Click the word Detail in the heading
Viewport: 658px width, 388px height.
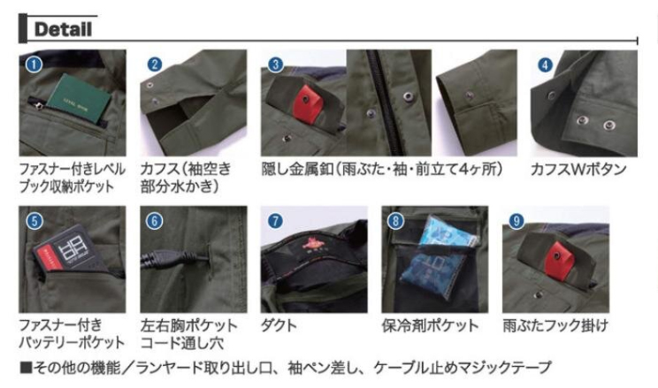[x=63, y=29]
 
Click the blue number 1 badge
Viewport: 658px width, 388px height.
[x=34, y=65]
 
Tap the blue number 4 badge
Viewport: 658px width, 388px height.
[x=545, y=65]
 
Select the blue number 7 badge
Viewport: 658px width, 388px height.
[x=275, y=221]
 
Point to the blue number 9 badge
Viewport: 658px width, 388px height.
[x=516, y=221]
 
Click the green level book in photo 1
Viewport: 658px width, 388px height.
[x=79, y=98]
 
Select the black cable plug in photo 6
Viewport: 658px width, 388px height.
[x=174, y=257]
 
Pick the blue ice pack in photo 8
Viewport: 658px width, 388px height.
[x=436, y=254]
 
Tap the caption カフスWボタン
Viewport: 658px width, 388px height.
[x=578, y=170]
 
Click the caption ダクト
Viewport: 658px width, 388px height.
[x=279, y=325]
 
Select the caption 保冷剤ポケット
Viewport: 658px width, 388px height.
[x=430, y=325]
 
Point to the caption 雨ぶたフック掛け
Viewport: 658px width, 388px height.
[x=555, y=325]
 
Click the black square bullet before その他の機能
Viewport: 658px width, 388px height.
[x=26, y=368]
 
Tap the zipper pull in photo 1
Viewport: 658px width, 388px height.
[x=39, y=106]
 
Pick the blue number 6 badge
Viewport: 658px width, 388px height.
[x=154, y=221]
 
